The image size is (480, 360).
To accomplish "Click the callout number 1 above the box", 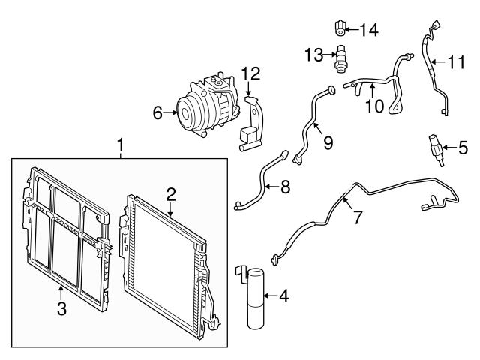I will point(119,142).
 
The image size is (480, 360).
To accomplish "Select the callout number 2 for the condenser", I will point(171,194).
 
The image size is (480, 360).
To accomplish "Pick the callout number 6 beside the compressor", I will point(157,113).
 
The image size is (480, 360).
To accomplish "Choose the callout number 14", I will point(368,30).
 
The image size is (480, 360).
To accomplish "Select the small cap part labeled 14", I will point(340,28).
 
